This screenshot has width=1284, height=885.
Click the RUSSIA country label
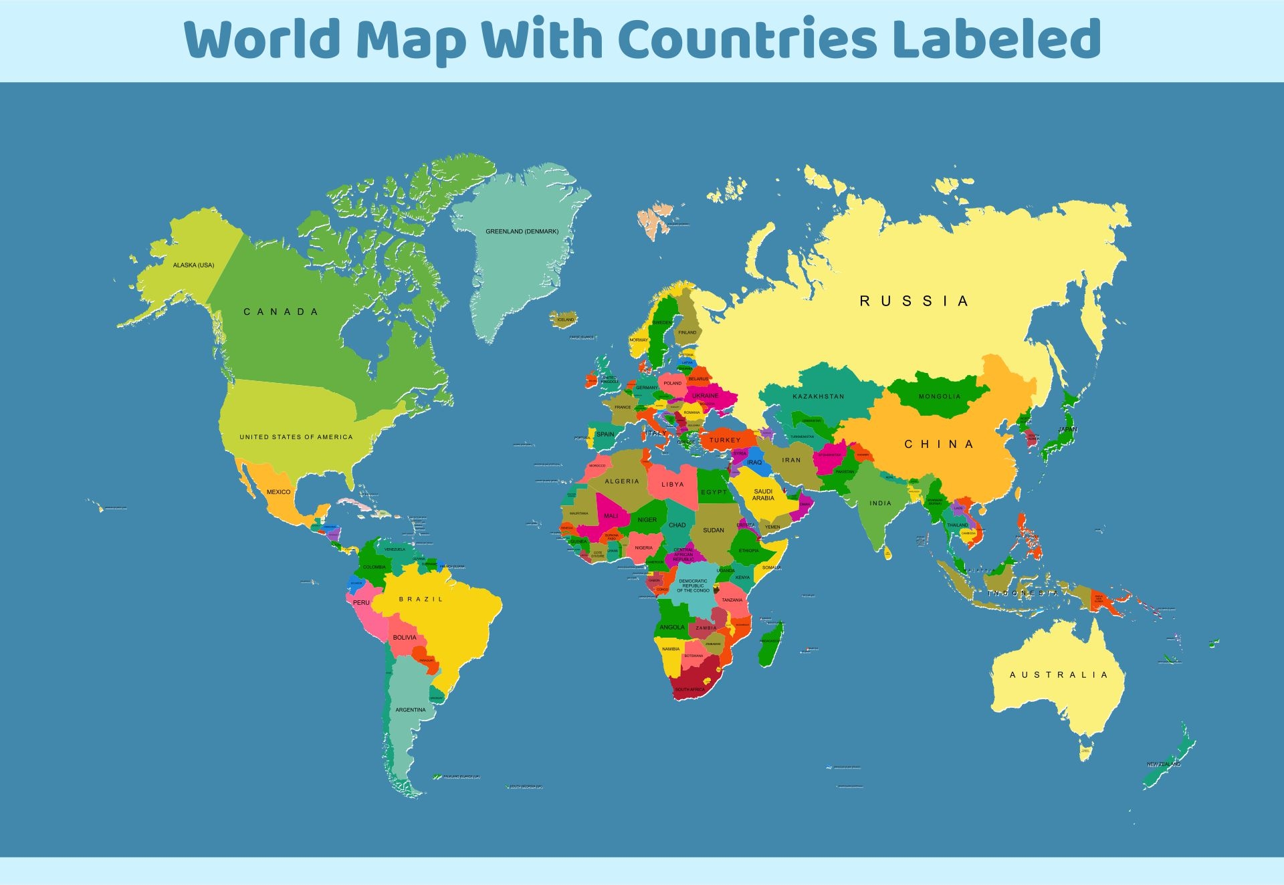(914, 301)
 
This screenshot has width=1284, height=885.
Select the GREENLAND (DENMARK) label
(522, 231)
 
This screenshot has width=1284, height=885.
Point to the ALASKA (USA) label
(193, 265)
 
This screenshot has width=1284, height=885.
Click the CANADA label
(281, 312)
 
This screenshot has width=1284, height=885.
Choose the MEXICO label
(278, 492)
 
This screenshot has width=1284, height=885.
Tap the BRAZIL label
(421, 600)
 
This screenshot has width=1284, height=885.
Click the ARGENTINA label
(410, 710)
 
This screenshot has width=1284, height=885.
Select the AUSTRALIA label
(1058, 675)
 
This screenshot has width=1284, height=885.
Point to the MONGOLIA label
(939, 396)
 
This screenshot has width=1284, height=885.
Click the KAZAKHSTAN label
(818, 396)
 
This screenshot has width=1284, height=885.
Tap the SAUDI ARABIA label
(763, 495)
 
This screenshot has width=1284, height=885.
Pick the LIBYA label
(672, 485)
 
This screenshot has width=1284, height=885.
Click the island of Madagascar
(771, 642)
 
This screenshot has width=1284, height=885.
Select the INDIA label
(880, 503)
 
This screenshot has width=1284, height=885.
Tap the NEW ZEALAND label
(1164, 764)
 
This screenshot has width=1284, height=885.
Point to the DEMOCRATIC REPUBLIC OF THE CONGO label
(693, 586)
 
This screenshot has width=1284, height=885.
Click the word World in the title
(263, 39)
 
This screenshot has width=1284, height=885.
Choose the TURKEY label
(725, 440)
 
